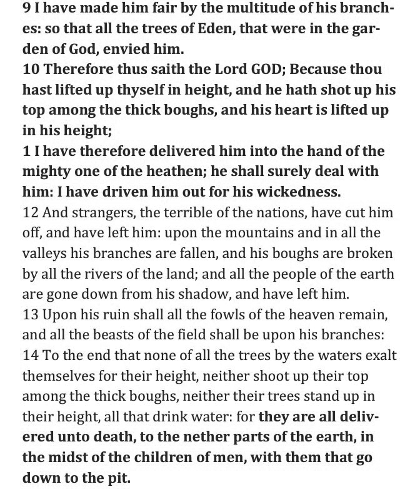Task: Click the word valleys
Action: coord(44,254)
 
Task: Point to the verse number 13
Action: coord(29,315)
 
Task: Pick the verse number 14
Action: coord(30,356)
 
